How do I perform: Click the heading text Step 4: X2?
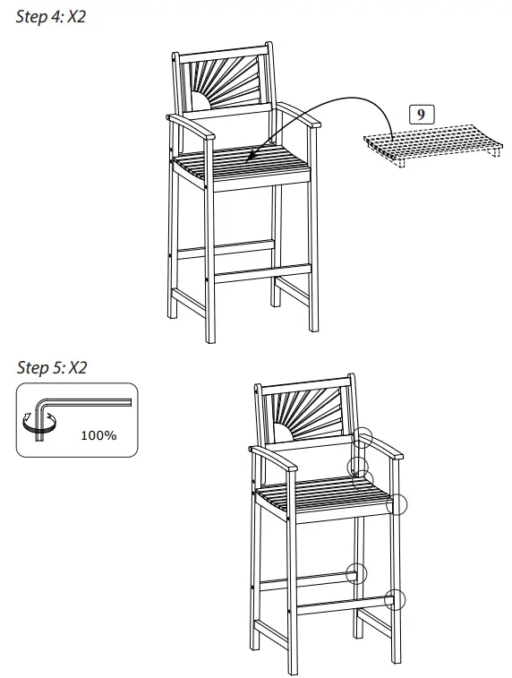(51, 17)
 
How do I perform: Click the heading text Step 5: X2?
(52, 367)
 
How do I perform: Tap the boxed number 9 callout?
(421, 114)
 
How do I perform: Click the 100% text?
(98, 436)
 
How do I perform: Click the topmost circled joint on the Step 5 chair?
(362, 437)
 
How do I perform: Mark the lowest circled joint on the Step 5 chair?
(395, 599)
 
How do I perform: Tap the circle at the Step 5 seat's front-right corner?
(396, 504)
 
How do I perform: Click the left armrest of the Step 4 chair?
(192, 126)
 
